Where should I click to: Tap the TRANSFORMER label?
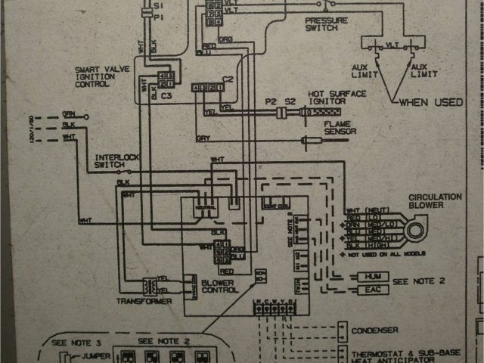144,301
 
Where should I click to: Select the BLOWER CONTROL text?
220,286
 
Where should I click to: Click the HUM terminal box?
377,278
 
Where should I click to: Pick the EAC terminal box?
377,290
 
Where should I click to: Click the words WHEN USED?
431,101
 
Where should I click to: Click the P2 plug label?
271,101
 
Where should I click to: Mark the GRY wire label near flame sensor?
202,138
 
